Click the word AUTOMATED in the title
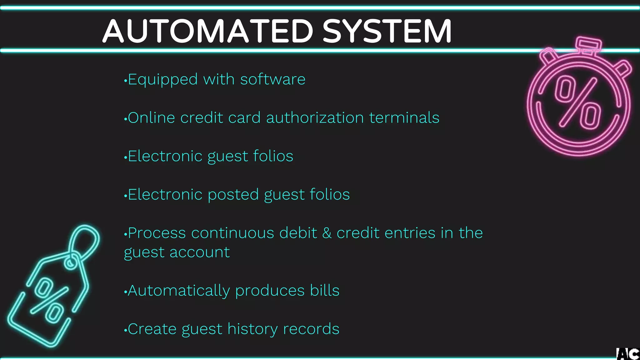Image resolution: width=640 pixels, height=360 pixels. (208, 31)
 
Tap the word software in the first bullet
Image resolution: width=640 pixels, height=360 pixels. (272, 79)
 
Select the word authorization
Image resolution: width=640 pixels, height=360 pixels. (315, 118)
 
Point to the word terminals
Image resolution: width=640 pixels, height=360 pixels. (404, 118)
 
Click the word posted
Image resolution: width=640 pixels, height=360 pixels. (233, 195)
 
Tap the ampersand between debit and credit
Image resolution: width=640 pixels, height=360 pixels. (327, 233)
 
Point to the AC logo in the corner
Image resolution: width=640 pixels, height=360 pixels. (628, 354)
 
